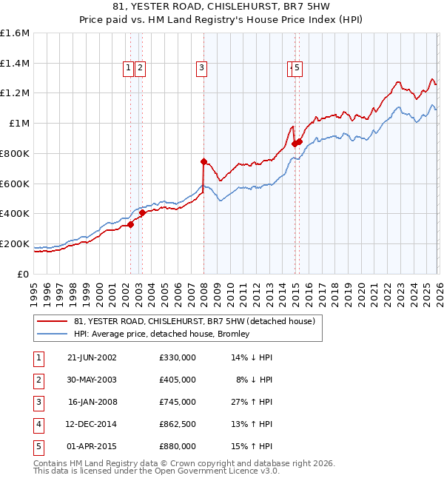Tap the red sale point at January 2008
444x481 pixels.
203,161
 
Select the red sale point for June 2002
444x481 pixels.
131,224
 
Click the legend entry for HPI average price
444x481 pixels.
161,334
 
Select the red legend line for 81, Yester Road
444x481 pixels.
52,321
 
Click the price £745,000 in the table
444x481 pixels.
177,402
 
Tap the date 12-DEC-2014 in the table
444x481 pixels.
92,424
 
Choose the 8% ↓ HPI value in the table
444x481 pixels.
254,380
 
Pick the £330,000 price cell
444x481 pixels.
177,357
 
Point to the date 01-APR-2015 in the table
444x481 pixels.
92,446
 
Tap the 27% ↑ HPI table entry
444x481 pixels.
252,402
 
